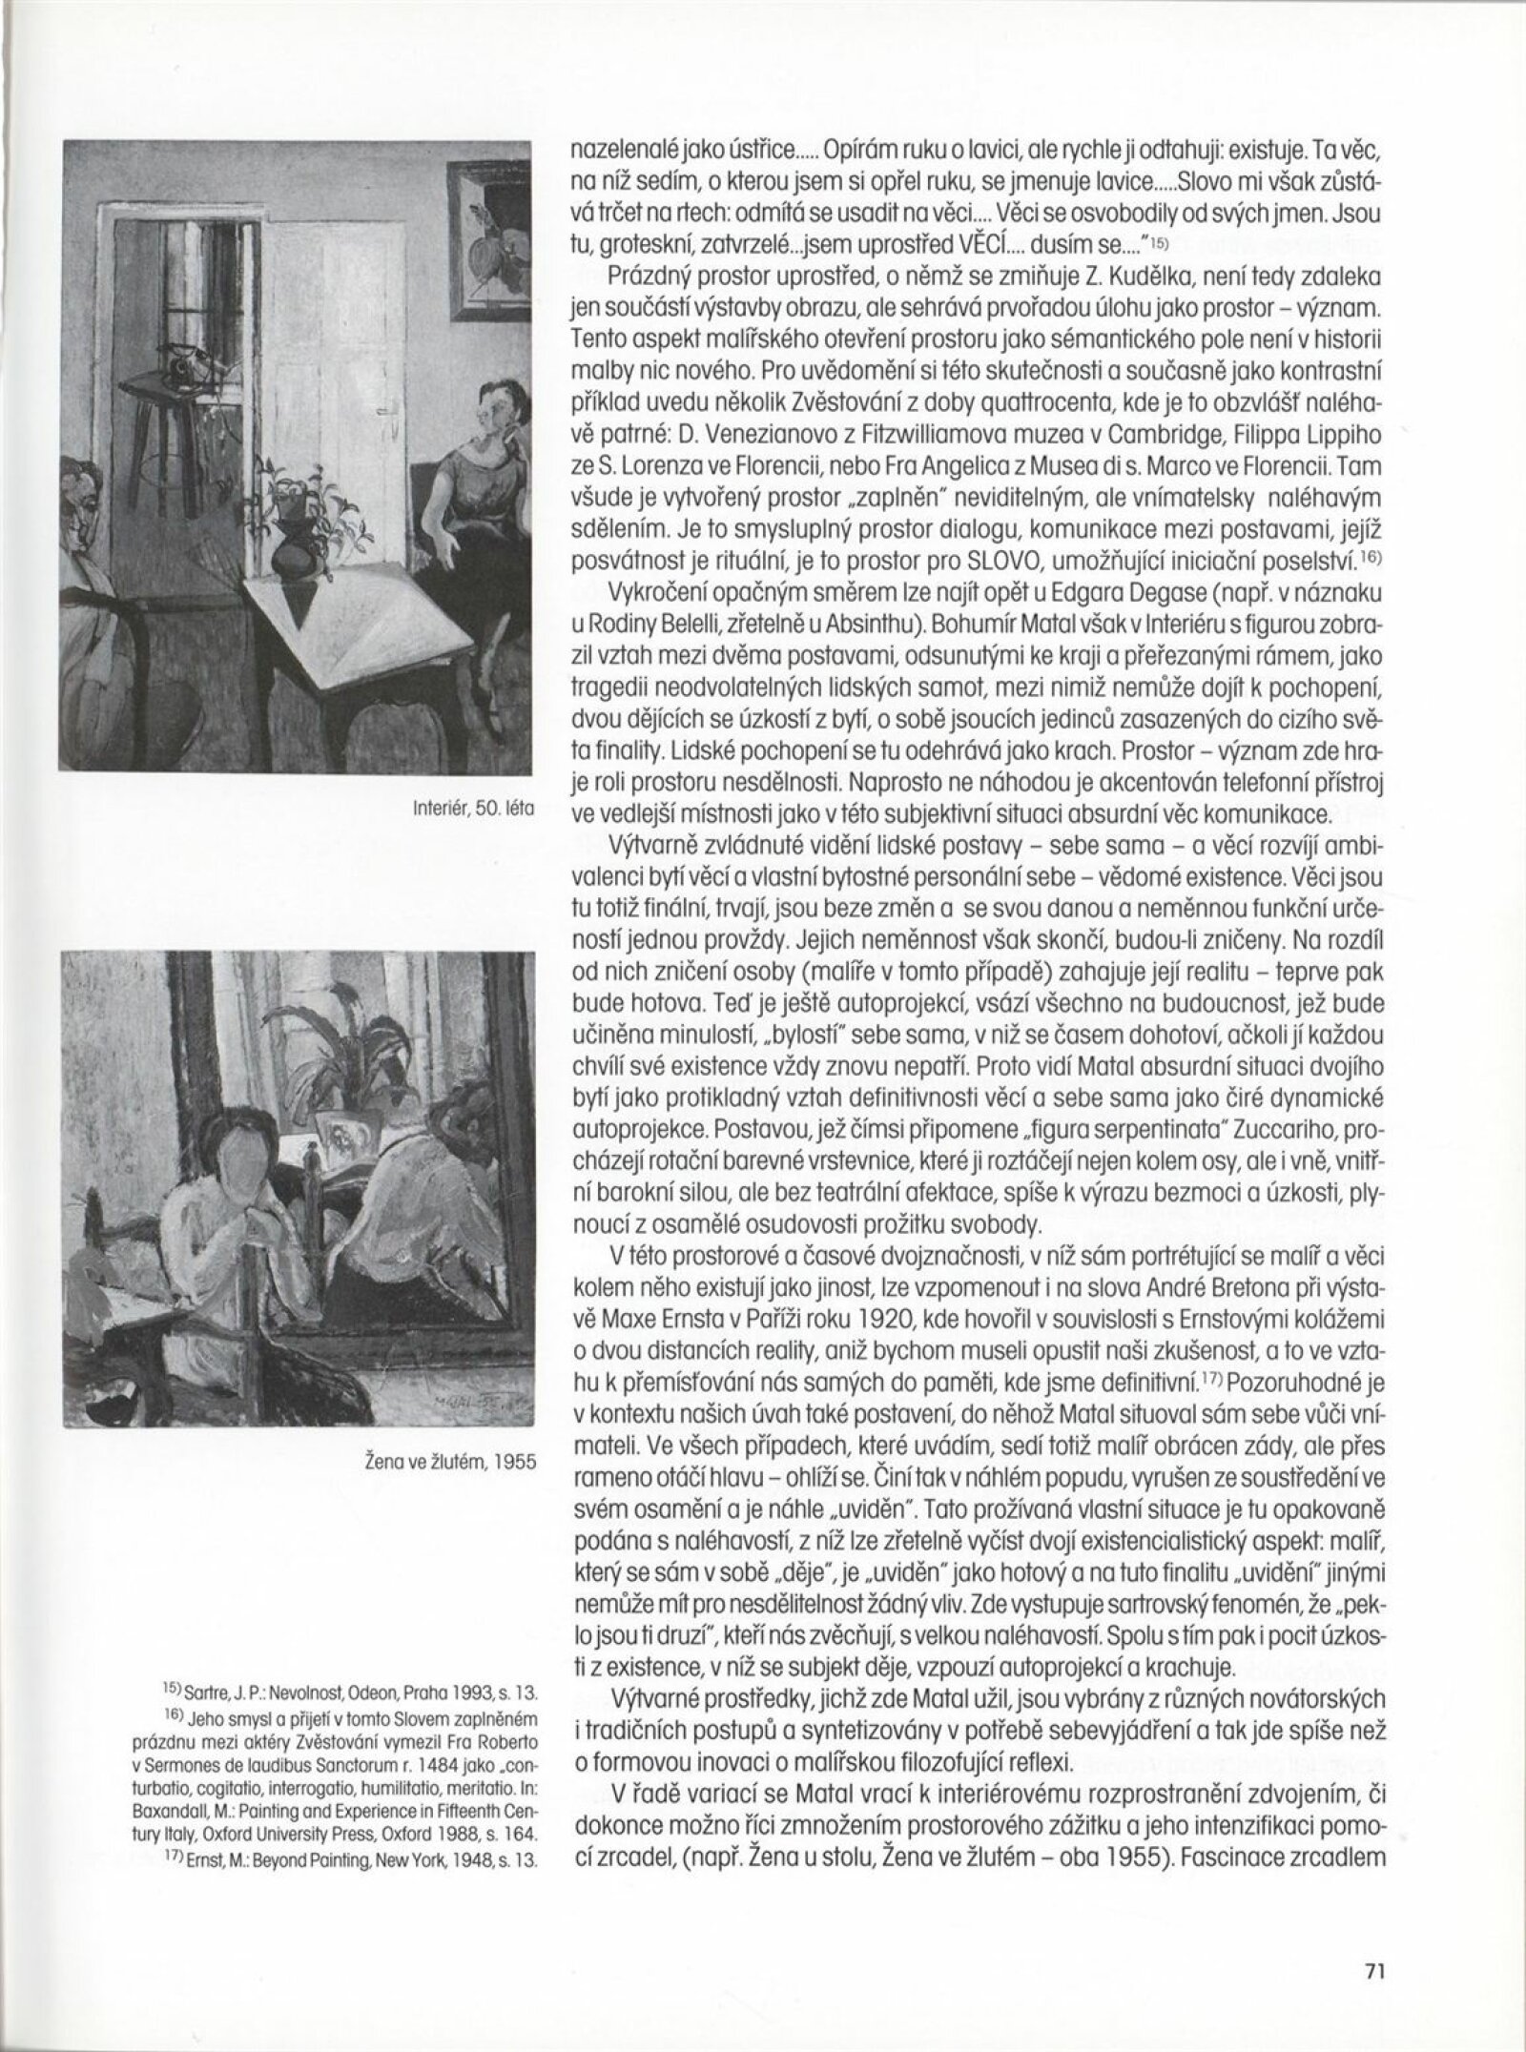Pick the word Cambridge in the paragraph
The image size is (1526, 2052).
pyautogui.click(x=1044, y=445)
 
